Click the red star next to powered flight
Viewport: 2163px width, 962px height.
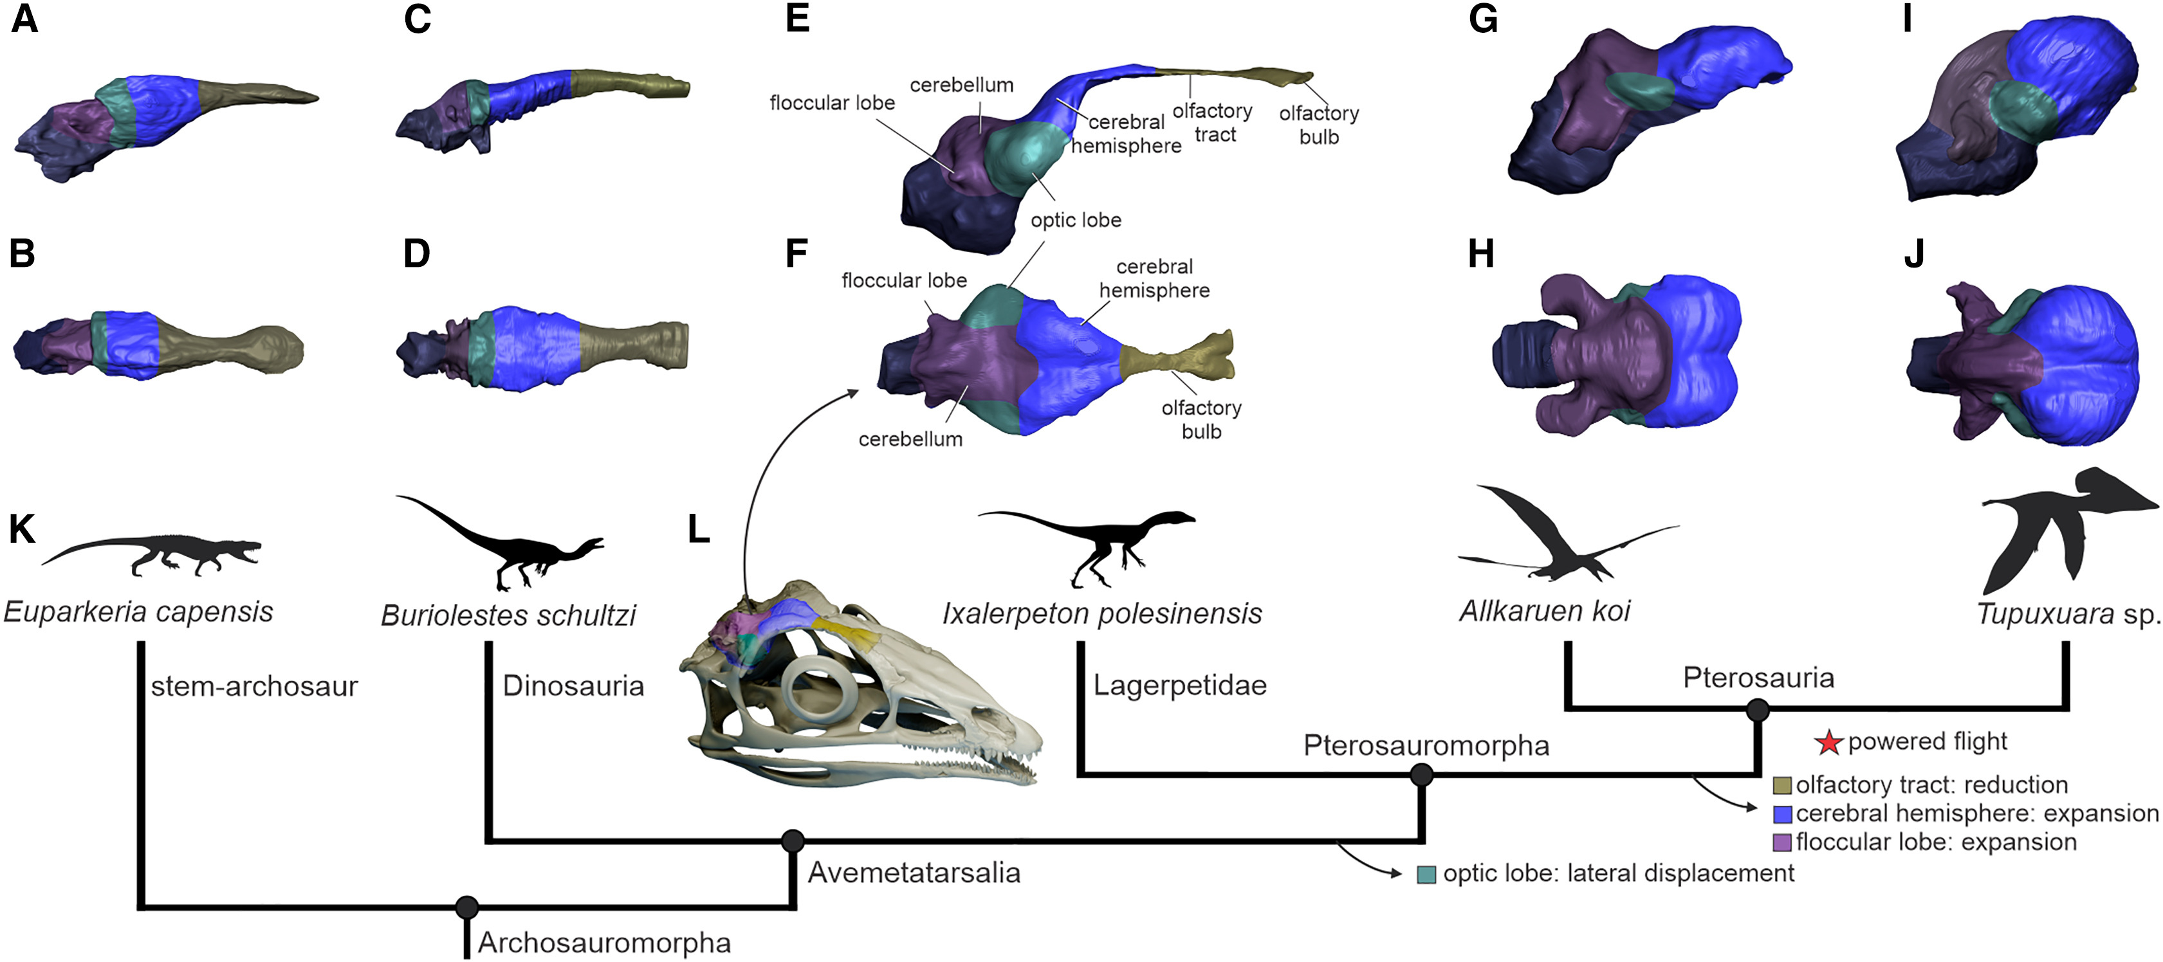click(1828, 743)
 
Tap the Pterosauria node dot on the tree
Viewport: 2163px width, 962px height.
click(1758, 710)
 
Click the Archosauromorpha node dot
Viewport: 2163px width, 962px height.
click(467, 907)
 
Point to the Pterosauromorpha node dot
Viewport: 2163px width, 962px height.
click(1421, 774)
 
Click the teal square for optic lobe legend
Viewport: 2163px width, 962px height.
click(1426, 875)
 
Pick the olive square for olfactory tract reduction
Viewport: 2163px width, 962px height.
click(1781, 786)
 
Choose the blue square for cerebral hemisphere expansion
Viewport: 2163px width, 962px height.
click(1781, 814)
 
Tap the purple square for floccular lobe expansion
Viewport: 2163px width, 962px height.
click(1781, 842)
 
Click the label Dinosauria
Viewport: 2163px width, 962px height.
click(573, 686)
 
